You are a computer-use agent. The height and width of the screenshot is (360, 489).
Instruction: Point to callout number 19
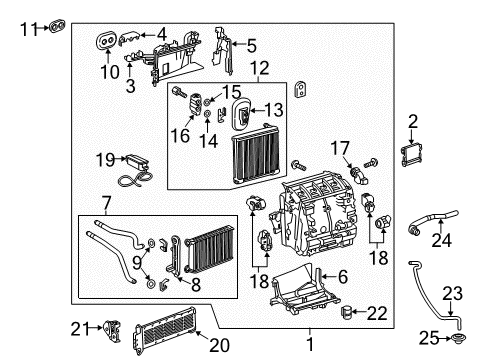[x=105, y=159]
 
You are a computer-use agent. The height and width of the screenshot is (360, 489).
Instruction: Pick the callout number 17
[x=340, y=147]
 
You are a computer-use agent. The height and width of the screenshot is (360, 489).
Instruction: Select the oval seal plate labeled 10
[x=106, y=40]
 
